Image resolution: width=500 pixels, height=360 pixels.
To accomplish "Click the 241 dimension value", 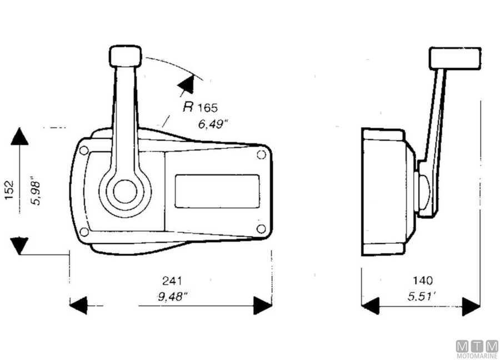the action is [172, 281].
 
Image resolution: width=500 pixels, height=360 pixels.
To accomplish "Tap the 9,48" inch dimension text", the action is [173, 297].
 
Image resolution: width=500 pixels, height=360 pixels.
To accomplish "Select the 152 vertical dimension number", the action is [9, 190].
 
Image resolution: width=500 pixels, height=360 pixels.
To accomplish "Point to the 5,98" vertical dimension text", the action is [36, 191].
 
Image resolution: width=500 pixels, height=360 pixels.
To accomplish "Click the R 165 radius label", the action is [200, 107].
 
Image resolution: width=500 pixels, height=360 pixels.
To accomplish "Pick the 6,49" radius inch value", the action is [213, 124].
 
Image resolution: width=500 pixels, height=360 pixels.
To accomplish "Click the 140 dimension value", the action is [423, 281].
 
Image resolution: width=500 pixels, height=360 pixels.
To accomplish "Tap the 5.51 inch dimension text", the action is [422, 297].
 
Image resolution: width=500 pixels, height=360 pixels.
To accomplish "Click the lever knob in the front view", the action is [126, 56].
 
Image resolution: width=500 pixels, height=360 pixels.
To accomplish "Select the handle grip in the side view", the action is [455, 58].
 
